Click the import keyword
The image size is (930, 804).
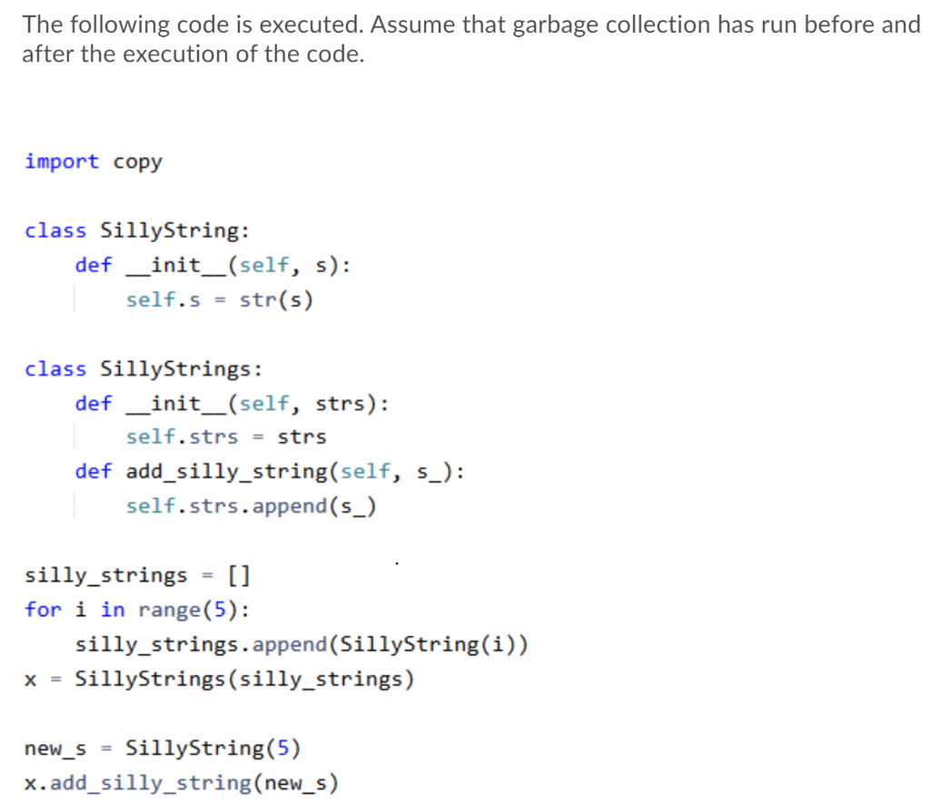pyautogui.click(x=62, y=162)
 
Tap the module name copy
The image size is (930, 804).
pyautogui.click(x=137, y=162)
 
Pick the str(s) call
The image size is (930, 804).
pyautogui.click(x=276, y=299)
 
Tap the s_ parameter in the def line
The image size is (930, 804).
pyautogui.click(x=430, y=471)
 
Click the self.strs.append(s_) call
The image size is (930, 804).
pyautogui.click(x=252, y=505)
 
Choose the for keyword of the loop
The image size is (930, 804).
pyautogui.click(x=43, y=609)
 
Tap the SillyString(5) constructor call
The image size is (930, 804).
pyautogui.click(x=213, y=748)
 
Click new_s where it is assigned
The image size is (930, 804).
pyautogui.click(x=55, y=749)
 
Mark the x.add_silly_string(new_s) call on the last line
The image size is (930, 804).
pyautogui.click(x=182, y=782)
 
